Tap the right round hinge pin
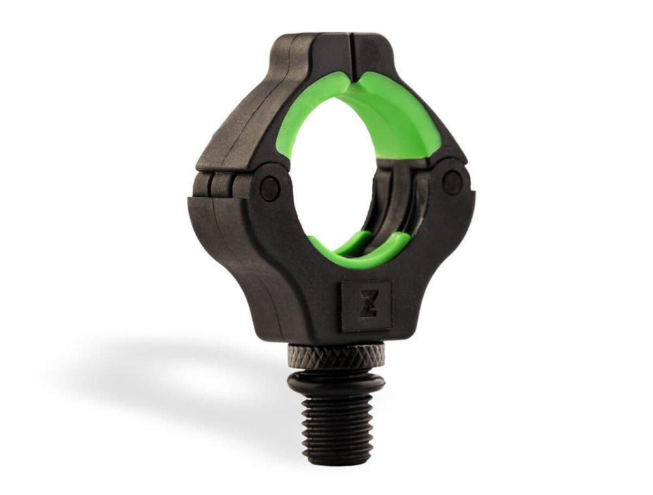tap(452, 182)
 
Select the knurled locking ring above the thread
tap(336, 357)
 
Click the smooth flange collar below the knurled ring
tap(336, 383)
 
